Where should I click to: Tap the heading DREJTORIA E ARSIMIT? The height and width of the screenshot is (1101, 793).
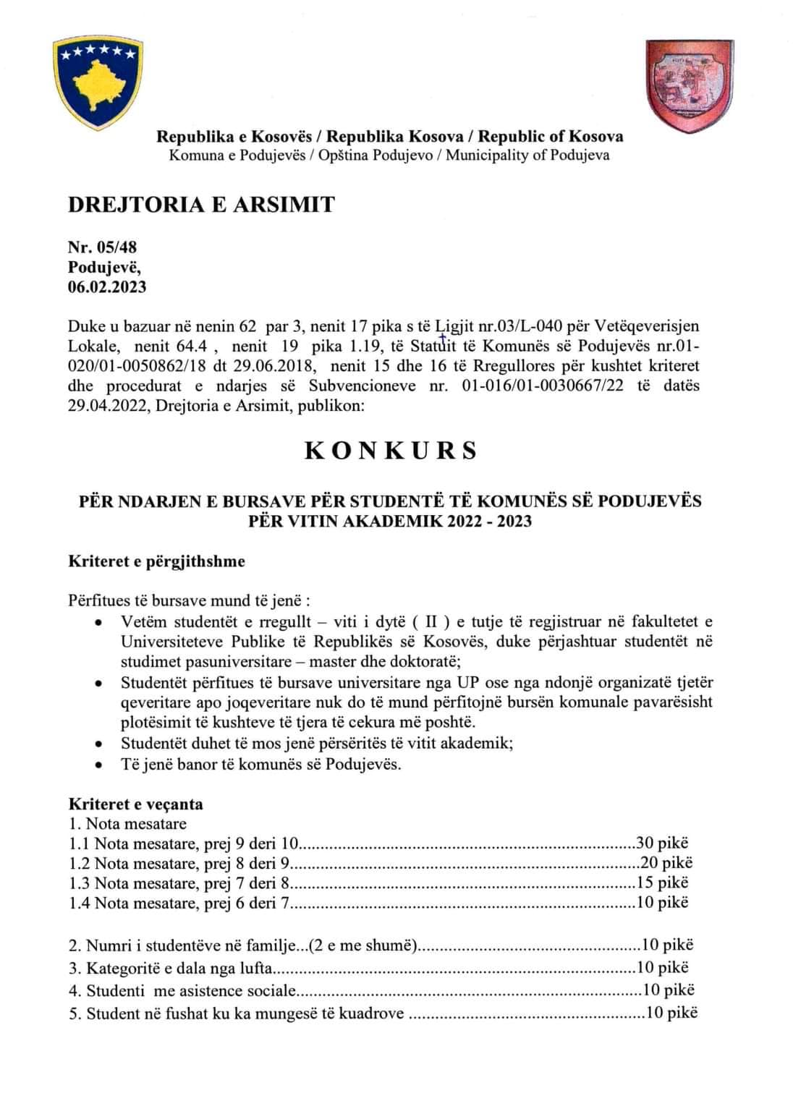201,205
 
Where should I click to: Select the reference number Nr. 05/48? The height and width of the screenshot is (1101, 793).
102,247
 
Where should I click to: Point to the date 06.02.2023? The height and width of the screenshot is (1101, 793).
107,286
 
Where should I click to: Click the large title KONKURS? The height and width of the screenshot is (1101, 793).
391,450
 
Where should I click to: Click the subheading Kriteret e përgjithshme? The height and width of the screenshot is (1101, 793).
156,561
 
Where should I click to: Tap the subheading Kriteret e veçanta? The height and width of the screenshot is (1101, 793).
135,804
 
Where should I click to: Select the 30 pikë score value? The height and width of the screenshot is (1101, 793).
662,843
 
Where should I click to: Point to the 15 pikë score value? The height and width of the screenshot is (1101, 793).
662,883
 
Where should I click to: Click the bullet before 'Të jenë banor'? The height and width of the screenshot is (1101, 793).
98,765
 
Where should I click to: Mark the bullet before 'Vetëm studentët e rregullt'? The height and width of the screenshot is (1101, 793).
98,622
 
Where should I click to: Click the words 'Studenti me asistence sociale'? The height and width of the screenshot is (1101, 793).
191,991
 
